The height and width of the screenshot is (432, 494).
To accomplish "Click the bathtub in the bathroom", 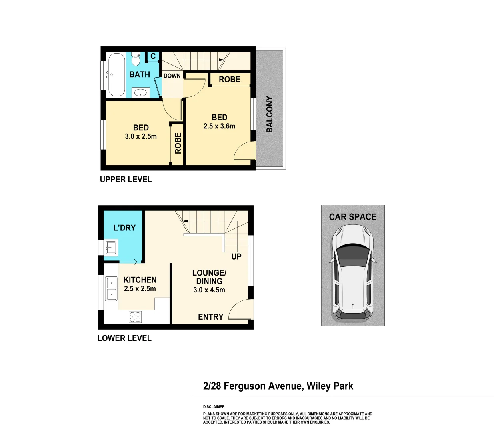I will pos(116,75).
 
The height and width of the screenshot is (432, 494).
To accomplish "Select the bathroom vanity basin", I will pos(140,93).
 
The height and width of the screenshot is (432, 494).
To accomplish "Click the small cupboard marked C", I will pos(153,56).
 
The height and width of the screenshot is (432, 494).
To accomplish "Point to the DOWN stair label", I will pos(172,76).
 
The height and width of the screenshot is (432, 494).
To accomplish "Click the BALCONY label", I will pos(270,114).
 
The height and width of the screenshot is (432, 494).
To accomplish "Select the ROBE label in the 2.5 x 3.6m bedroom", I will pos(230,80).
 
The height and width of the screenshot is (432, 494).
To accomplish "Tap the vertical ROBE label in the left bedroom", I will pos(178,143).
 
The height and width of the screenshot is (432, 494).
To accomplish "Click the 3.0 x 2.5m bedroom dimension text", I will pos(141,136).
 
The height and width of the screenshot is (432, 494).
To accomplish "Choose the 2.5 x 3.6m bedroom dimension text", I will pos(219,126).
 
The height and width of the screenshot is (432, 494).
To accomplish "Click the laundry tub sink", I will pos(111,247).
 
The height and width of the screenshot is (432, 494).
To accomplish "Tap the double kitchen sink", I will pos(111,288).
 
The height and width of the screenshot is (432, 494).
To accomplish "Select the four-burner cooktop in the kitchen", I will pos(135,317).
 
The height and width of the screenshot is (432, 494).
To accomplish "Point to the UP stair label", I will pos(236,256).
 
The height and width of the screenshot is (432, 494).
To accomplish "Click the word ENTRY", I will pos(210,317).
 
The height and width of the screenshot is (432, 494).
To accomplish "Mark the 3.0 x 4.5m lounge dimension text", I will pos(209,290).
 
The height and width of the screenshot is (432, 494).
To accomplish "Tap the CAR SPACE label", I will pos(353,217).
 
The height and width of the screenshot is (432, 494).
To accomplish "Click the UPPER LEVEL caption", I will pos(126,180).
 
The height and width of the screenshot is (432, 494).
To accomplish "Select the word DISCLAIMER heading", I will pos(214,406).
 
